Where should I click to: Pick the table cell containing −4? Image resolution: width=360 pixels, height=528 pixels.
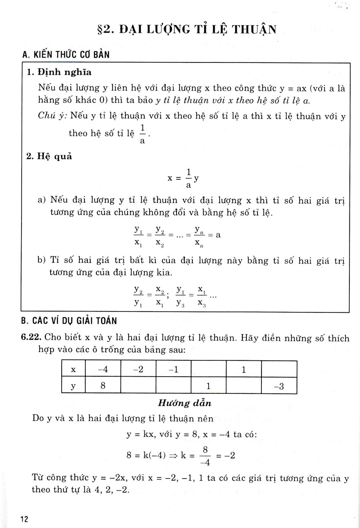[x=102, y=369]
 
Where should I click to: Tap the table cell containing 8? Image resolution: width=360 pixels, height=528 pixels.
[x=102, y=386]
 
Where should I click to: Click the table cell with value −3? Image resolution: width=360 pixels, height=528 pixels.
[x=279, y=386]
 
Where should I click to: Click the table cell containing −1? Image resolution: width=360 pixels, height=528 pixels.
[x=173, y=369]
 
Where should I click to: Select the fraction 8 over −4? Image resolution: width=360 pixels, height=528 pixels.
[x=213, y=455]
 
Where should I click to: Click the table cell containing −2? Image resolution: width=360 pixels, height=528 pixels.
[x=137, y=369]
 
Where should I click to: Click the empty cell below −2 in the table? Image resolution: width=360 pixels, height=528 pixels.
[x=137, y=386]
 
